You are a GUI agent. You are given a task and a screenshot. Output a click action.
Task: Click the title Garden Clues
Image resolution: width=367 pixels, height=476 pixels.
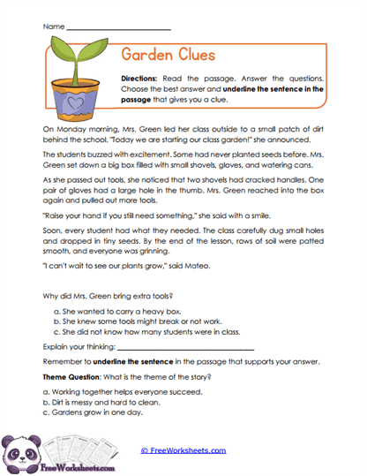pos(168,55)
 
